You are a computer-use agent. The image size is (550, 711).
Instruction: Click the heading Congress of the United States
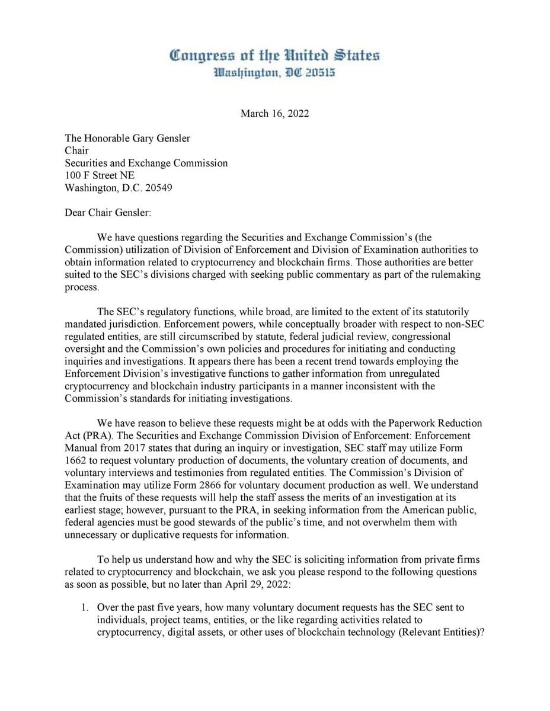pyautogui.click(x=274, y=56)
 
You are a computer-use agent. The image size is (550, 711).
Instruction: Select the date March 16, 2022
pyautogui.click(x=274, y=114)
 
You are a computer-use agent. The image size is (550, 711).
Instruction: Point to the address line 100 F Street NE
pyautogui.click(x=100, y=175)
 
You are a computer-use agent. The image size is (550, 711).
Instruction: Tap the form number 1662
pyautogui.click(x=75, y=460)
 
